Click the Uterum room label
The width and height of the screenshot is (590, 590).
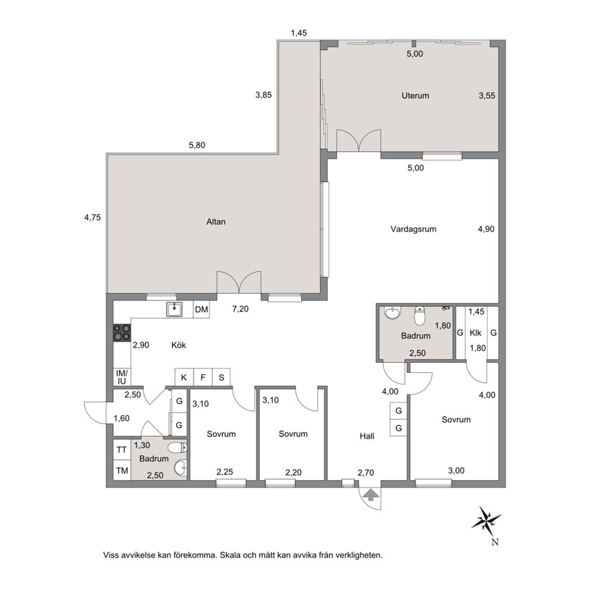click(x=415, y=96)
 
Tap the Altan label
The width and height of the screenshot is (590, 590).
click(x=216, y=222)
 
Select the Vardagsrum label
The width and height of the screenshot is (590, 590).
click(x=413, y=229)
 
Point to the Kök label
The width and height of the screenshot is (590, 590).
click(x=179, y=345)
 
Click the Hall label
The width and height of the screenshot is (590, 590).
click(x=367, y=436)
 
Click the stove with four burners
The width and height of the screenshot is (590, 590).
click(x=122, y=332)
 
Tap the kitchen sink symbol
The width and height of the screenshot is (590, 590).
click(x=174, y=310)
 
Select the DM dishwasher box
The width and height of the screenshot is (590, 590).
click(x=201, y=310)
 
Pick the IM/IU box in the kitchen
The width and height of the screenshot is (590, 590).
click(x=122, y=377)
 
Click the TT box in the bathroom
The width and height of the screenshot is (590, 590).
click(x=121, y=450)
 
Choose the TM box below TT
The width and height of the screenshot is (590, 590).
click(x=122, y=470)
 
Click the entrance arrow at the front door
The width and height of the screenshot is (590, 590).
click(x=371, y=495)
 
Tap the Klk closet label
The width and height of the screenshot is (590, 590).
click(x=476, y=333)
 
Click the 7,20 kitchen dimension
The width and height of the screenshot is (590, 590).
click(x=240, y=309)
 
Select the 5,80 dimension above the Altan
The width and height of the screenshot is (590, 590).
click(x=197, y=145)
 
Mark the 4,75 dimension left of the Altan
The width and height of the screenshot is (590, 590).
click(x=93, y=218)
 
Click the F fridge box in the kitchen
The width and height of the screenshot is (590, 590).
click(x=203, y=377)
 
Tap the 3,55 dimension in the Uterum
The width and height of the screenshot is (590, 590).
click(x=487, y=96)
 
